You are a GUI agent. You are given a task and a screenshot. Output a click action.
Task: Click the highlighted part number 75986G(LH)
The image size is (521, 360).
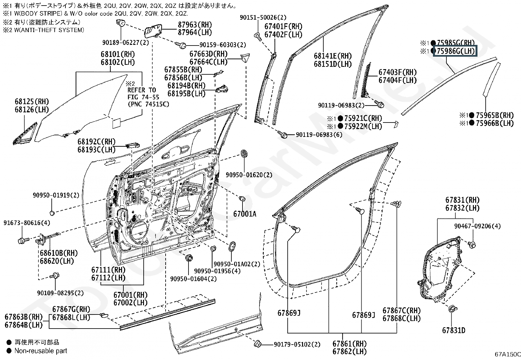pos(456,51)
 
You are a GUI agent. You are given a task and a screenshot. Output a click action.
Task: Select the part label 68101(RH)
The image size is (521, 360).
pos(118,54)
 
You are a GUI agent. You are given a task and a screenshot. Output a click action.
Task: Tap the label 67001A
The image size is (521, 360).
pos(245,214)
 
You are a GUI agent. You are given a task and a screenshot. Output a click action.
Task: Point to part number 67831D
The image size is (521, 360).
pos(454,330)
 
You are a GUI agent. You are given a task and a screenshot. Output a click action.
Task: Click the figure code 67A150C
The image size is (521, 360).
pos(508,354)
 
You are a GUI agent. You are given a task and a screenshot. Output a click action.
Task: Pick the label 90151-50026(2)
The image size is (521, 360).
pos(263,17)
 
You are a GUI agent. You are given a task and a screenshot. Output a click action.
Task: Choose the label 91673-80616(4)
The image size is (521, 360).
pos(27,223)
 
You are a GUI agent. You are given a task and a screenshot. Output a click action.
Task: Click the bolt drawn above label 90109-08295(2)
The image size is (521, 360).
pos(55,276)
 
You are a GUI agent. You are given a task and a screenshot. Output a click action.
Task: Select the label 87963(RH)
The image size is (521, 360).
pos(195,25)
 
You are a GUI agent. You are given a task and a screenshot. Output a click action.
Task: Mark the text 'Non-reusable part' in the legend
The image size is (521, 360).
pos(41,351)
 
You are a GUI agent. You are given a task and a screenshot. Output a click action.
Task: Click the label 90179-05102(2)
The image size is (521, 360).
pos(297,344)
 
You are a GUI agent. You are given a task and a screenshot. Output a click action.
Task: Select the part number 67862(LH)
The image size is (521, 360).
pos(349,351)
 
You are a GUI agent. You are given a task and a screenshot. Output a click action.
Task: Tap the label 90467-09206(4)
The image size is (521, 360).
pos(477,226)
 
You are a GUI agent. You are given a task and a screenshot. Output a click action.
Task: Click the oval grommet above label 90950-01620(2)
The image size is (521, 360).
pos(244,154)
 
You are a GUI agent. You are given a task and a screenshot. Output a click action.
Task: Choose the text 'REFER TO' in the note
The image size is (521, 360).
pos(141,90)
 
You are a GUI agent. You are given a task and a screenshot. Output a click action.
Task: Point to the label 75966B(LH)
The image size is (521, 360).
pos(495,123)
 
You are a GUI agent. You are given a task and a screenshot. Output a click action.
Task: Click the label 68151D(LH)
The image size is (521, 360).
pos(333,64)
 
